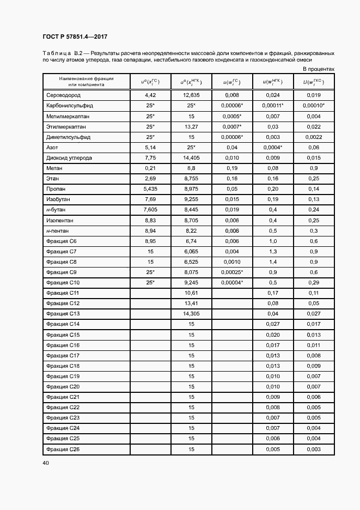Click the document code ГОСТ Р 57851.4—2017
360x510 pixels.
pos(75,37)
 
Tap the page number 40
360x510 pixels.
pos(46,463)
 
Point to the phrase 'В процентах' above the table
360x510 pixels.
pos(319,70)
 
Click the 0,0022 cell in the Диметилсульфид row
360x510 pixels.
pos(314,137)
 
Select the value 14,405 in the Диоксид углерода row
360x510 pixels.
pos(191,158)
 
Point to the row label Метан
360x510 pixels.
pos(55,168)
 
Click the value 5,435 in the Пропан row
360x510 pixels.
pos(150,189)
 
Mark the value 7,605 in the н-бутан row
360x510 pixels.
pos(150,210)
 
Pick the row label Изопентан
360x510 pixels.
pos(60,220)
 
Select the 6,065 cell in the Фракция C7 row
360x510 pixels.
pos(191,251)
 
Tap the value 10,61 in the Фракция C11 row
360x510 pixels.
pos(191,293)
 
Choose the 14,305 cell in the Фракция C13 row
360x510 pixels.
pos(191,313)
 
